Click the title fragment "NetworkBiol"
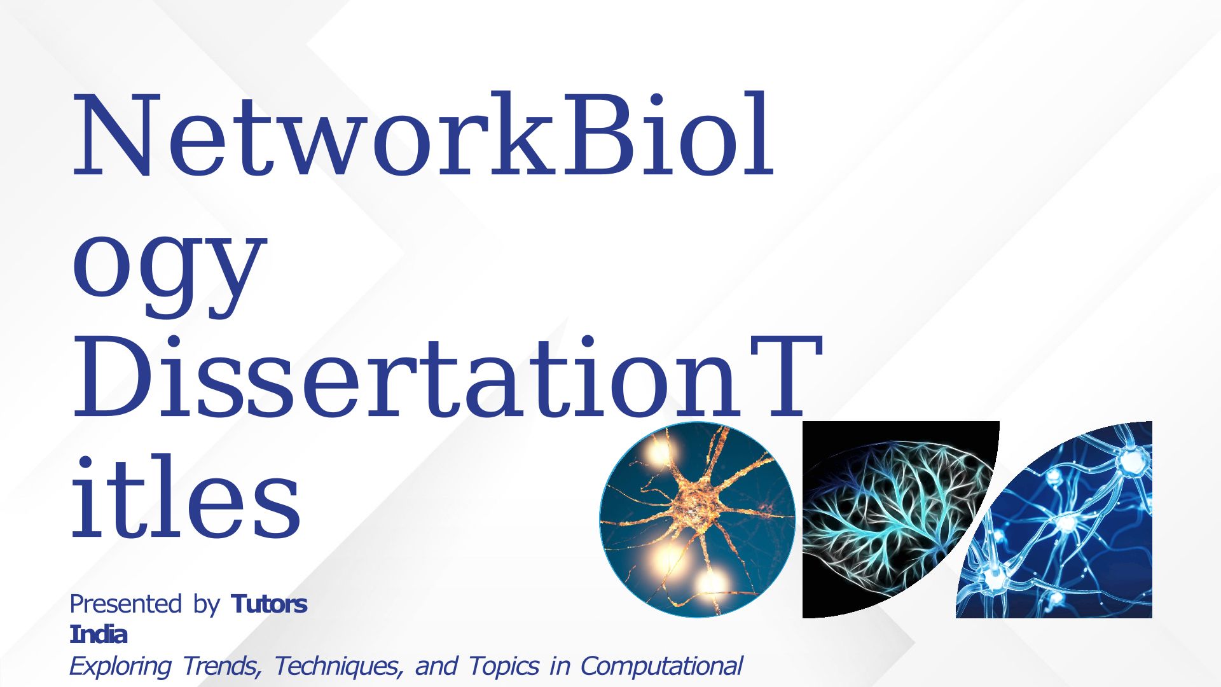tap(424, 134)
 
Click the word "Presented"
tap(126, 604)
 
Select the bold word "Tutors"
tap(270, 604)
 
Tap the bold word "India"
tap(99, 634)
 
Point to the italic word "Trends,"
tap(222, 666)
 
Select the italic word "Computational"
tap(661, 666)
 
